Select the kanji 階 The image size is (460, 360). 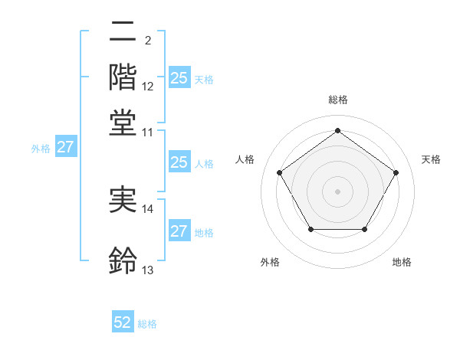click(123, 77)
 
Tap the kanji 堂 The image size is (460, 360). click(123, 122)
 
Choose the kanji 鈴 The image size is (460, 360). click(123, 260)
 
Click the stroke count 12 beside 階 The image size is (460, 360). click(148, 87)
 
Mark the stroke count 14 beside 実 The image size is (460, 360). click(148, 208)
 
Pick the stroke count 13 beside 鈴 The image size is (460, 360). click(148, 270)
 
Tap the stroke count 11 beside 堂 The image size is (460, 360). click(148, 132)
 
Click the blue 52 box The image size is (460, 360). click(123, 322)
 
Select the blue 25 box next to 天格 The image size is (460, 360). click(179, 77)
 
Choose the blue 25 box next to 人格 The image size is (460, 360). click(179, 162)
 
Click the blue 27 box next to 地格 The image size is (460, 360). click(179, 231)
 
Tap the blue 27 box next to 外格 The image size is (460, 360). click(65, 147)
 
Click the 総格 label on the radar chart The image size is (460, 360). click(337, 100)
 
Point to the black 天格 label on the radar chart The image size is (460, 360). click(431, 159)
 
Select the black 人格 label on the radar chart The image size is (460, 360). click(245, 159)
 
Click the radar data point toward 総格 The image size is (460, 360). click(337, 131)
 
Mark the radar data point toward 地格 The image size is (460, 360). click(364, 229)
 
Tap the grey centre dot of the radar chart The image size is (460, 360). click(337, 191)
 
